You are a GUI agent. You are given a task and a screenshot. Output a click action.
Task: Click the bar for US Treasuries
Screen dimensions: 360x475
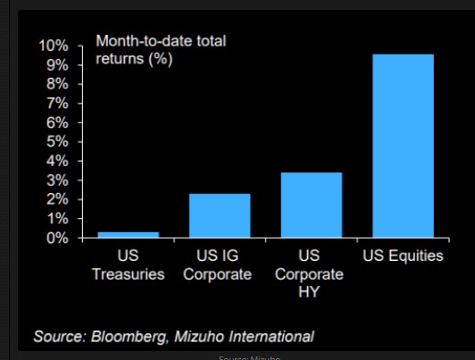click(128, 235)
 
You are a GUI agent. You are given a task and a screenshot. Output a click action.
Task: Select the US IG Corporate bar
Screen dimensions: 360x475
click(220, 216)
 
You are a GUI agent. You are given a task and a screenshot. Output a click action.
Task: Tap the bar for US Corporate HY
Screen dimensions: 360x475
click(312, 205)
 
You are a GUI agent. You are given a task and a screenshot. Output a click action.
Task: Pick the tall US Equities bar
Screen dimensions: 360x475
click(403, 147)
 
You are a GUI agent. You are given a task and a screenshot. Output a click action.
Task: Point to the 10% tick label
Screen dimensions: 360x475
click(53, 46)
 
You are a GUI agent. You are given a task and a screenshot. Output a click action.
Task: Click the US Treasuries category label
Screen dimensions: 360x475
click(128, 265)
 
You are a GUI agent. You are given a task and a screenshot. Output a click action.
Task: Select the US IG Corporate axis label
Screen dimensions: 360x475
click(218, 265)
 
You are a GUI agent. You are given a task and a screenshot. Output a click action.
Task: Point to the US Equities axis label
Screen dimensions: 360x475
click(403, 256)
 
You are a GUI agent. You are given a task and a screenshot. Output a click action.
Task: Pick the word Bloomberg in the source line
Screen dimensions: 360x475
click(126, 337)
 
